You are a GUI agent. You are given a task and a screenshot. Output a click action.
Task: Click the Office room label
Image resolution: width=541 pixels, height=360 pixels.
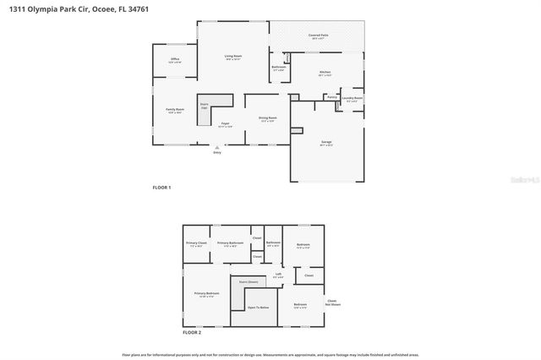tap(175, 60)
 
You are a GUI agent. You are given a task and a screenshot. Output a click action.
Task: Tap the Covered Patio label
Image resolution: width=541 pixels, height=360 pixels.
tap(319, 36)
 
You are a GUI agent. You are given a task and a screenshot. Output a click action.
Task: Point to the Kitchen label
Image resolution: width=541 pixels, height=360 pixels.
tap(325, 74)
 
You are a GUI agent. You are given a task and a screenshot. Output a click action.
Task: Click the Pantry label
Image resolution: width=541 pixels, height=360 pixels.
tap(332, 97)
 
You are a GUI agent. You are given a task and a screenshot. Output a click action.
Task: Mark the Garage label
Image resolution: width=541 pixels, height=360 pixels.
tap(325, 143)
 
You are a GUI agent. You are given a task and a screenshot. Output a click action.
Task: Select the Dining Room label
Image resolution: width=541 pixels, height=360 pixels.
tap(268, 119)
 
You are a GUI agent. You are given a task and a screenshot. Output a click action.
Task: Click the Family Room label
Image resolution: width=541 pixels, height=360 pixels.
tap(175, 111)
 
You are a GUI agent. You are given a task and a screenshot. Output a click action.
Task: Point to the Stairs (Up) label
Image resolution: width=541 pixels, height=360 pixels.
tap(205, 106)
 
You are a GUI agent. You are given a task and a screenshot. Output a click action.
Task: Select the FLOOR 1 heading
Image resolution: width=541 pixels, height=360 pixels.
tap(161, 187)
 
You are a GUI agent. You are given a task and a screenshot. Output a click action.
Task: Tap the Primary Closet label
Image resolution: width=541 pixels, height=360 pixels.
tap(196, 243)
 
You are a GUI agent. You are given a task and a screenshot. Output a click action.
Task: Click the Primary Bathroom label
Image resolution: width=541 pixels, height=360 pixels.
tap(230, 243)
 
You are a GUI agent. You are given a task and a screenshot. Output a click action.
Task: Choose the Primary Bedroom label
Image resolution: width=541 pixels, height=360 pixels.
tap(206, 294)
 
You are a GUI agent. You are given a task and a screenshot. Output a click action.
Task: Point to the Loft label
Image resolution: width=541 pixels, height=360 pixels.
tap(278, 275)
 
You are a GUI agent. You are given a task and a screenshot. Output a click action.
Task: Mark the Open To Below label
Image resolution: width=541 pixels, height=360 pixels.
tap(259, 308)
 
